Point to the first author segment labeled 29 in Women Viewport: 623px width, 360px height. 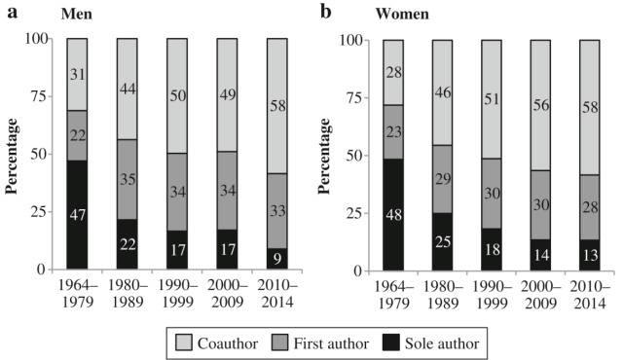443,180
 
